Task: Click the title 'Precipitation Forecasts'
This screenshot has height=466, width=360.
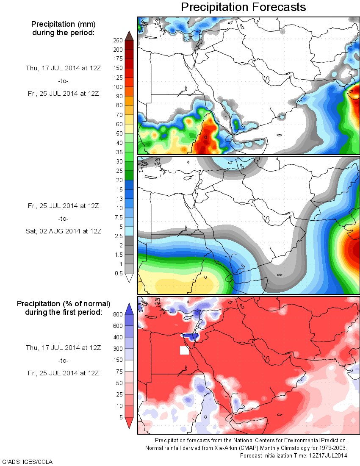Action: [x=243, y=7]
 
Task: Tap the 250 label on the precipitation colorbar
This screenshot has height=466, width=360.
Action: [x=118, y=40]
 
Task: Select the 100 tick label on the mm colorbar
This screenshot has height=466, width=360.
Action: [x=118, y=87]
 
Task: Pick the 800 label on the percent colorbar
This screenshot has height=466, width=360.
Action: [x=117, y=314]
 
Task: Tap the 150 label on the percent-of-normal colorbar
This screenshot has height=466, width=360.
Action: [x=117, y=360]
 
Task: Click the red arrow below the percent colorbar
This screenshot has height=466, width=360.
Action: [x=130, y=423]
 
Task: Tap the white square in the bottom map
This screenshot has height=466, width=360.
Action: [x=184, y=350]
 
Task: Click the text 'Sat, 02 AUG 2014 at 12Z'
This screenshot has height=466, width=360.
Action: [x=63, y=231]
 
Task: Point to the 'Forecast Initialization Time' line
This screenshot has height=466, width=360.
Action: [x=294, y=455]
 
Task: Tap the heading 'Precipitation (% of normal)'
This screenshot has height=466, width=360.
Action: [x=64, y=304]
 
